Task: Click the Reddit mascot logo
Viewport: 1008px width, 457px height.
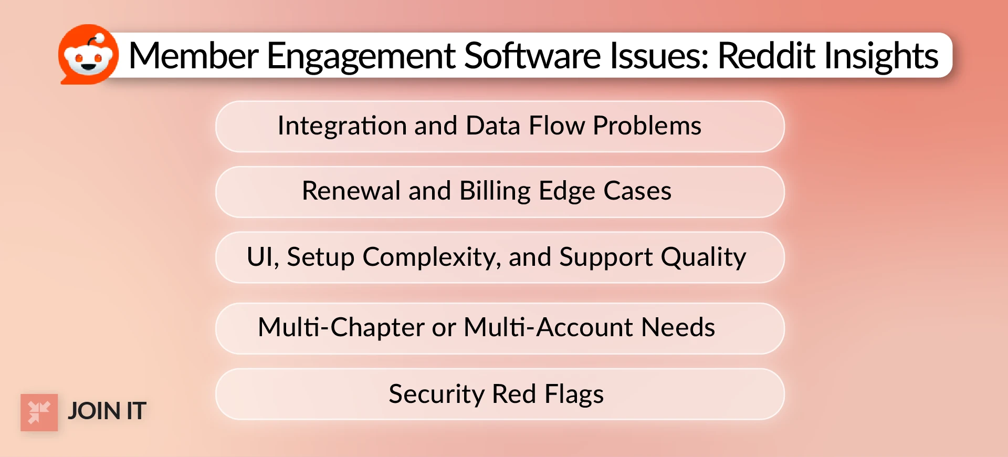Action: (x=88, y=55)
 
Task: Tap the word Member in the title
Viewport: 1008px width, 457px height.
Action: (x=193, y=56)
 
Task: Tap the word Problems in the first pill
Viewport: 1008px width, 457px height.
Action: (x=647, y=126)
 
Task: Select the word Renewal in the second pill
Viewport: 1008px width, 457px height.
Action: (x=351, y=191)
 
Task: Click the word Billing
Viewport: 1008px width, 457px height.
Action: (x=495, y=192)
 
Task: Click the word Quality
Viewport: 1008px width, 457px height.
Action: (x=703, y=258)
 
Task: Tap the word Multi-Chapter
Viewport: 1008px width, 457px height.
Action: (x=341, y=327)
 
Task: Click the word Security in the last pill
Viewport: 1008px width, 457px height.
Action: (x=436, y=394)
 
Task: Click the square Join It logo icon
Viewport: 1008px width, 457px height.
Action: (x=39, y=412)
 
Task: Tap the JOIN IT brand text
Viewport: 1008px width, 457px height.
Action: (x=107, y=411)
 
